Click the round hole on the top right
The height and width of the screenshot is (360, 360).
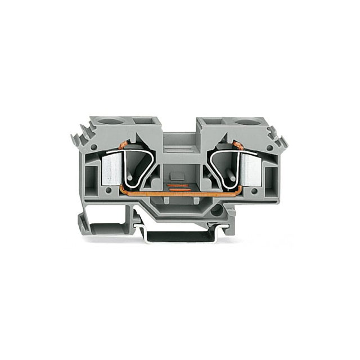click(245, 122)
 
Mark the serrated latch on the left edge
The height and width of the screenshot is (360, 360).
click(79, 138)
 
